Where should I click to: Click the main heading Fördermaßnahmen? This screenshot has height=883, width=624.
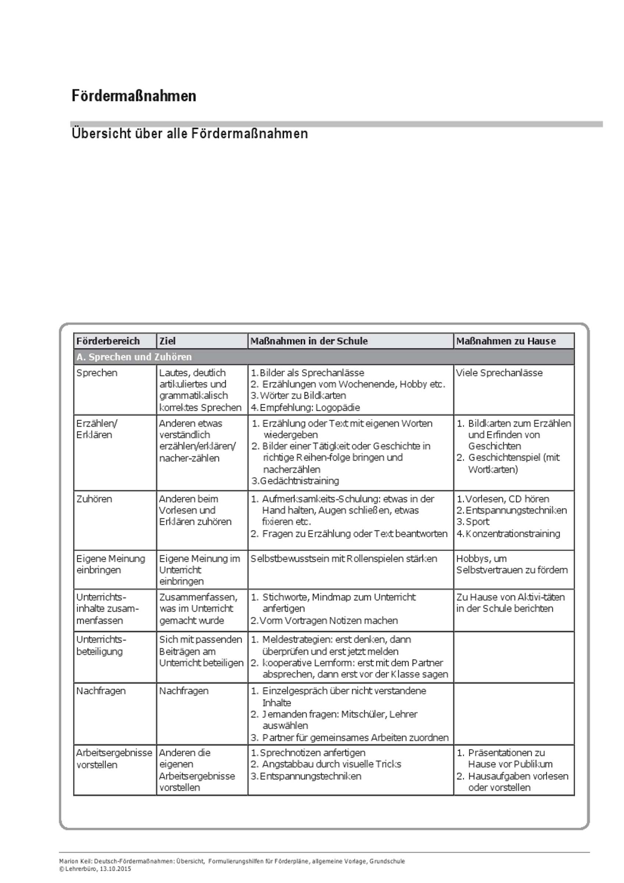(134, 96)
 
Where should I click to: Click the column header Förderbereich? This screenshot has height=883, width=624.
(108, 341)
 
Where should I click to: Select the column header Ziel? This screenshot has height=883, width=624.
(168, 341)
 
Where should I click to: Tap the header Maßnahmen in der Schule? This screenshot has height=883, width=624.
(309, 341)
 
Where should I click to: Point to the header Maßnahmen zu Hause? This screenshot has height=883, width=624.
(506, 341)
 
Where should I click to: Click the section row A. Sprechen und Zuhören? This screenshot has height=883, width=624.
(134, 357)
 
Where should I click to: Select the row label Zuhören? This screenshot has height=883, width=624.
(94, 499)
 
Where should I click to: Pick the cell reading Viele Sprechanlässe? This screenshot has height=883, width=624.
(499, 373)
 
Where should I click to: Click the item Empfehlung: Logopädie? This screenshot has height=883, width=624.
(310, 407)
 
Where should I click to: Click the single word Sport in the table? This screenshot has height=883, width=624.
(478, 522)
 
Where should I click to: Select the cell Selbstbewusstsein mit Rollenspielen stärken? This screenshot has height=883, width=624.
(344, 558)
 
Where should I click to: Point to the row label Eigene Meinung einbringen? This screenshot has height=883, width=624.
(111, 564)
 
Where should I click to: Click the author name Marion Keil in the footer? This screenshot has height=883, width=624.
(75, 861)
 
